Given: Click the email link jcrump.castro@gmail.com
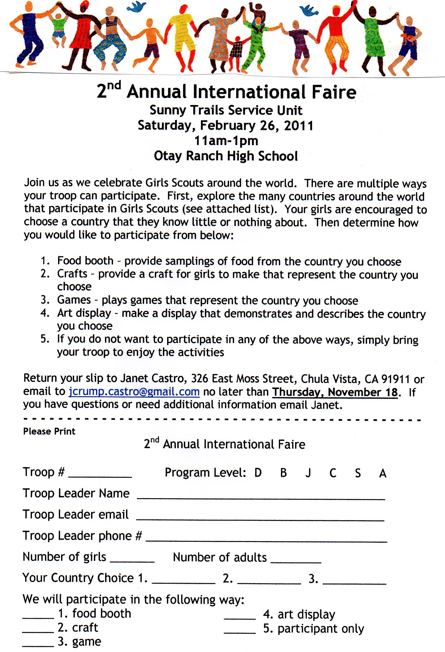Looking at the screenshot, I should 134,391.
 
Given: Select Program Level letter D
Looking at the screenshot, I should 258,473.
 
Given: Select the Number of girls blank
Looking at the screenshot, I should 132,561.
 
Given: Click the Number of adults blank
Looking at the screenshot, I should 296,562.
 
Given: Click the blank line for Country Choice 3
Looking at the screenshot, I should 355,583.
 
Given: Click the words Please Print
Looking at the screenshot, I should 49,431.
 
